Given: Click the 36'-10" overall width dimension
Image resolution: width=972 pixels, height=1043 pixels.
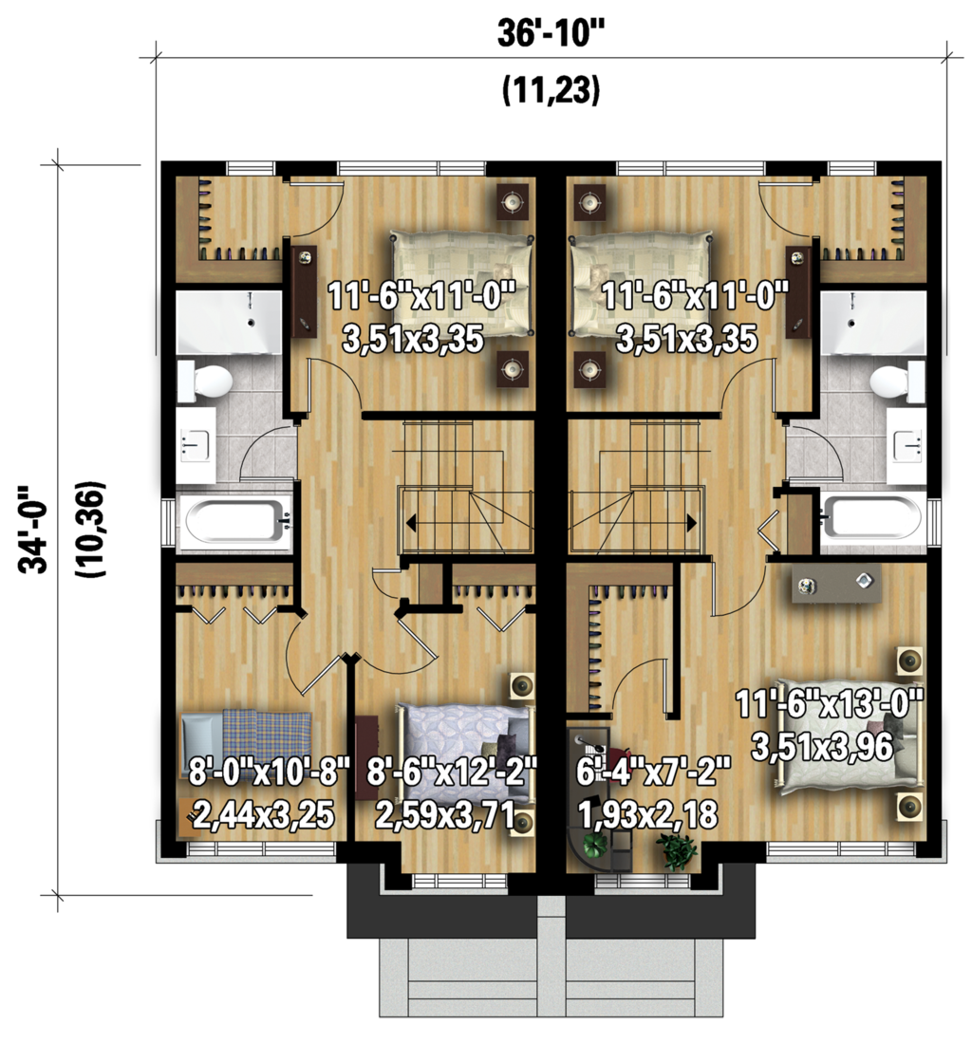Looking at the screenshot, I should pos(551,33).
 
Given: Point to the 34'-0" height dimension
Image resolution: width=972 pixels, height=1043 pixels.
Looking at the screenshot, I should pos(36,529).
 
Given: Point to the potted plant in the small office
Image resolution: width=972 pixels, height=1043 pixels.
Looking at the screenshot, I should pos(677,850).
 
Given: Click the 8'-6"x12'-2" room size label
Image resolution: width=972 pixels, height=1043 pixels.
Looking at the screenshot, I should pos(452,771).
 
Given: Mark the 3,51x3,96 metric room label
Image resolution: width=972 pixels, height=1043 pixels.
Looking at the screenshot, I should pos(822,748).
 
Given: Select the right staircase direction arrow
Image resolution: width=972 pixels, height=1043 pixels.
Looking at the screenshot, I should pos(690,522).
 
